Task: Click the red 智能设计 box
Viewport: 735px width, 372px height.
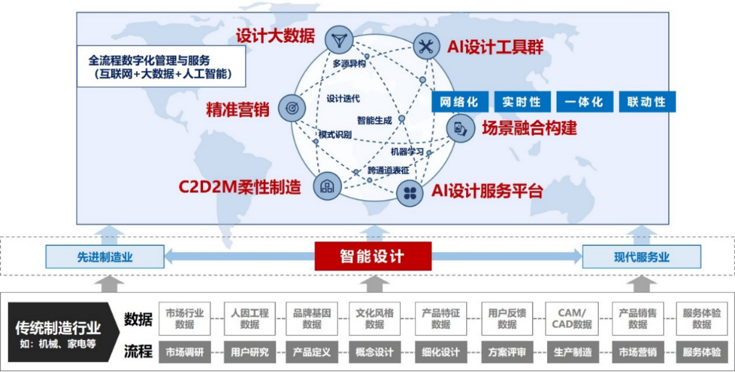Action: point(373,256)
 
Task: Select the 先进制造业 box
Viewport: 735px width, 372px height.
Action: point(105,256)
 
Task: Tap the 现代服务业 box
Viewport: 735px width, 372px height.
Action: point(641,256)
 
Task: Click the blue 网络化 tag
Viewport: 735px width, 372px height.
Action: point(460,102)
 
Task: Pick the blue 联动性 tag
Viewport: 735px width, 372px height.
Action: point(647,102)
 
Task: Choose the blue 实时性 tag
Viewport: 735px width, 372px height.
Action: point(523,102)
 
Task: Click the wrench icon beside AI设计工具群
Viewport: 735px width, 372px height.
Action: point(425,47)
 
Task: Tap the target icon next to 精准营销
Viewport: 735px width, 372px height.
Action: point(291,107)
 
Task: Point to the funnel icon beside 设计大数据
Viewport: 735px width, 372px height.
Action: point(338,38)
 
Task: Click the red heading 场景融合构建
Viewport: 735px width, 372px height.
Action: point(530,129)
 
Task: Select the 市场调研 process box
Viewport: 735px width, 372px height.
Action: point(185,352)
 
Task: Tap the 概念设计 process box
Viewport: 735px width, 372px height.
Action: point(375,352)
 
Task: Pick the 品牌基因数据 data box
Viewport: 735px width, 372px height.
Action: point(312,318)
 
